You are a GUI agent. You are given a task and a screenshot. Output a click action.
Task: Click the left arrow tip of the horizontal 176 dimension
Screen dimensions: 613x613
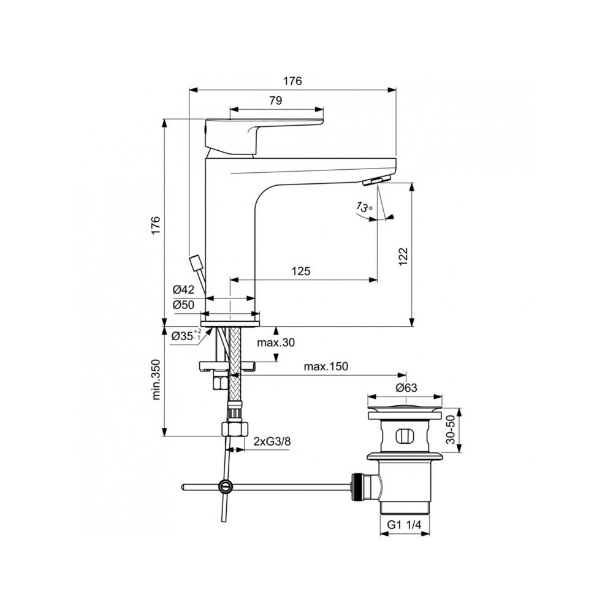[189, 90]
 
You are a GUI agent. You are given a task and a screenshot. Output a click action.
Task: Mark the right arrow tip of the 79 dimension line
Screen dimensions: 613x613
[324, 109]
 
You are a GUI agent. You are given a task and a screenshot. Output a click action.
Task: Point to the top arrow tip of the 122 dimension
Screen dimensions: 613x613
[411, 183]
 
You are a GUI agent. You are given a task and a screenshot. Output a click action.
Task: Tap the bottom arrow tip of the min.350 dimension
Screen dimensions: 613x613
[165, 436]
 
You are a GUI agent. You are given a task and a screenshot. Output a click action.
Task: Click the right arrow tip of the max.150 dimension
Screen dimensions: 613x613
[406, 375]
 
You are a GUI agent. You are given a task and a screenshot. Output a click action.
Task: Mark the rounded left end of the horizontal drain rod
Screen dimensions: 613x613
[183, 487]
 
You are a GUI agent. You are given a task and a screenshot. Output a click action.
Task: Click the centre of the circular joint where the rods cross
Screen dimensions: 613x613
[225, 486]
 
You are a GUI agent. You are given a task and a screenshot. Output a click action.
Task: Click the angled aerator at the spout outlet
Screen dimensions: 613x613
[376, 181]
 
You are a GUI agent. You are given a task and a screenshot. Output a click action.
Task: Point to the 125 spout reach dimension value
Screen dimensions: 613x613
[300, 271]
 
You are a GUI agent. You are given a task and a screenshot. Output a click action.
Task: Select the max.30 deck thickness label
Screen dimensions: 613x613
[276, 343]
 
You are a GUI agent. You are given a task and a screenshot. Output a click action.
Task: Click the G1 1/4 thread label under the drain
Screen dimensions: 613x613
[404, 525]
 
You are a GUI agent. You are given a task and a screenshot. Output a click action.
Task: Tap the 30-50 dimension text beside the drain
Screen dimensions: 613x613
[451, 430]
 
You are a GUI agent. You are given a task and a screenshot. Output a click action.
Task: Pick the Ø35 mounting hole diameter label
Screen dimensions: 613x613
[186, 335]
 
